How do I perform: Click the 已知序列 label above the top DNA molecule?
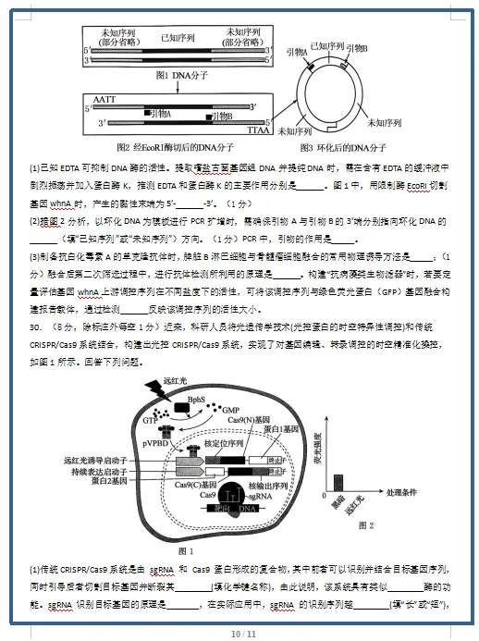(178, 38)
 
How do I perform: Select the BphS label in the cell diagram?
(196, 400)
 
